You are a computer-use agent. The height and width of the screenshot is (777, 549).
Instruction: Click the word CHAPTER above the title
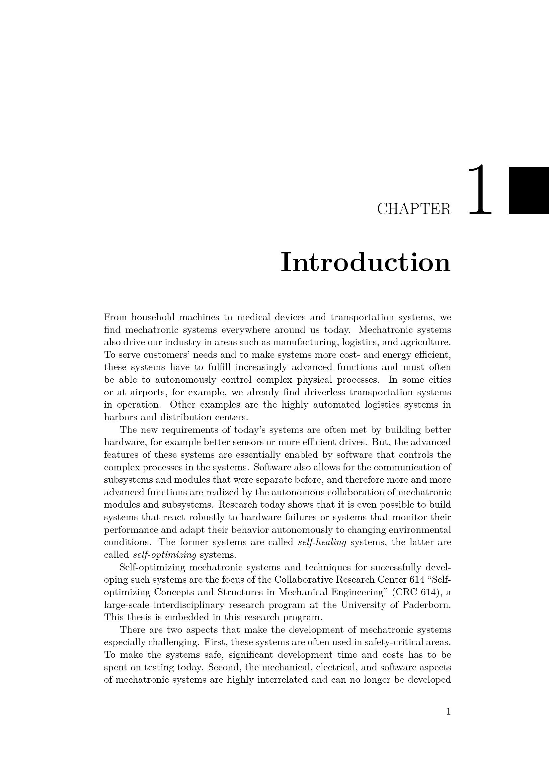point(414,209)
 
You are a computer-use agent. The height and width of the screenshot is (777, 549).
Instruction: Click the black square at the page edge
point(529,191)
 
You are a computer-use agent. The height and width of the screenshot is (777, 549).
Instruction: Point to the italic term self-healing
point(322,542)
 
